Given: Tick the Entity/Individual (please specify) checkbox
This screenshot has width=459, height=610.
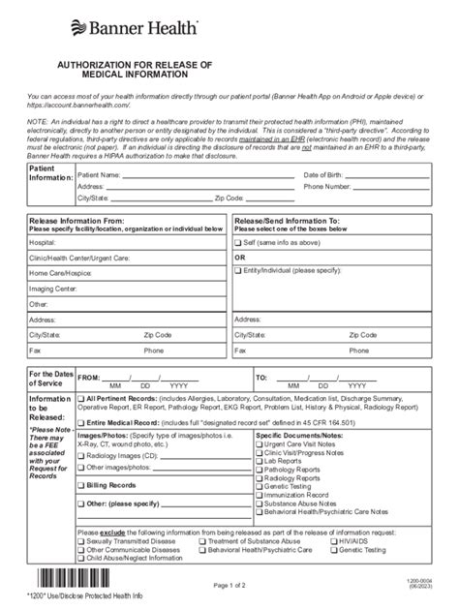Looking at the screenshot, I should pyautogui.click(x=238, y=274).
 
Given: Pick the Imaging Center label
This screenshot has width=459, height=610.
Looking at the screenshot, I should pyautogui.click(x=53, y=288).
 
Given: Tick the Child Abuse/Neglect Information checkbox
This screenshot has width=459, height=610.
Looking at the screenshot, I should pyautogui.click(x=80, y=558).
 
